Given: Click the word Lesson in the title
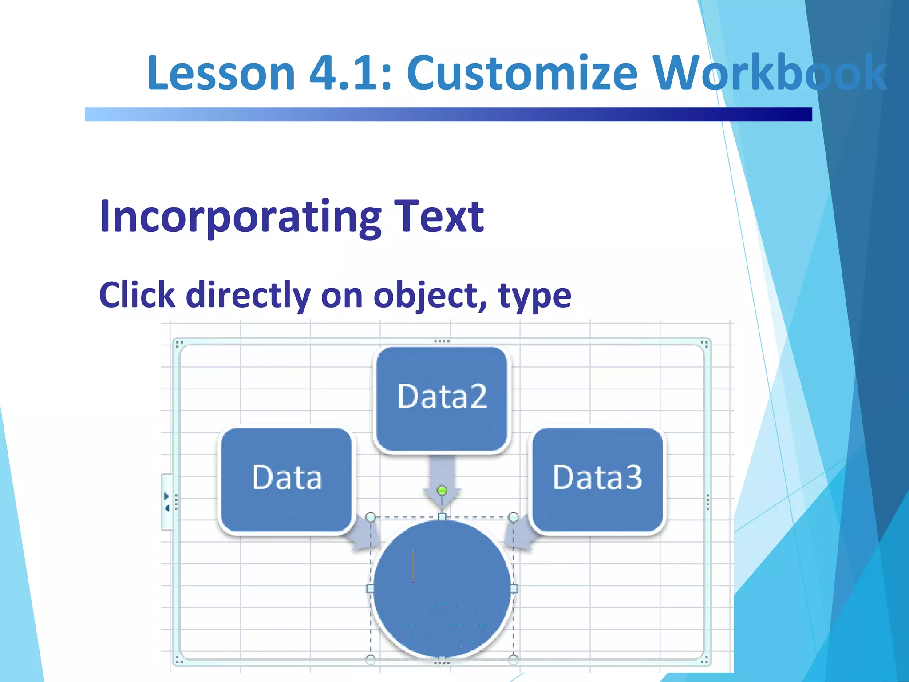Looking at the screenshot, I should coord(221,73).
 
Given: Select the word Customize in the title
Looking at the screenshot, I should coord(522,73).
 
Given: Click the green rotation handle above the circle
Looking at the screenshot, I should coord(442,491).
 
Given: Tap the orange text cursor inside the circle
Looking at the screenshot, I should coord(413,566).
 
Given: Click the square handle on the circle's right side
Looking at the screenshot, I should coord(514,589).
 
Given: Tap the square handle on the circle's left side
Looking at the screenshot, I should coord(370,589).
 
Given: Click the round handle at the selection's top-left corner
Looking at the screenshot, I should coord(371,517).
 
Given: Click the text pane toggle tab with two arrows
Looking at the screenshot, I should coord(167,502).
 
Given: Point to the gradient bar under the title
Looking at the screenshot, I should coord(448,115).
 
